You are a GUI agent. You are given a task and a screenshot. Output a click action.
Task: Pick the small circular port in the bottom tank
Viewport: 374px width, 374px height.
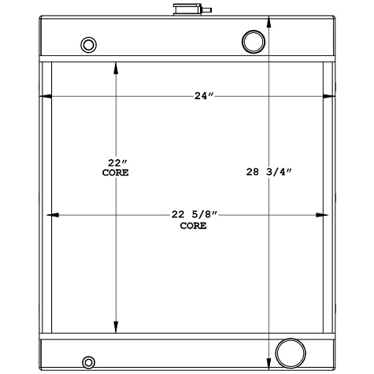pyautogui.click(x=88, y=362)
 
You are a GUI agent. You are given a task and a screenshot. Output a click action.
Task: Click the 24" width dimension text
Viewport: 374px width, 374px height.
pyautogui.click(x=204, y=96)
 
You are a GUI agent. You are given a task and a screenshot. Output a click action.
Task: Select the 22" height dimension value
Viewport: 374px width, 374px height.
pyautogui.click(x=117, y=162)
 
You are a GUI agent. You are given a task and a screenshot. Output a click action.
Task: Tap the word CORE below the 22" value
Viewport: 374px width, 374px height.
pyautogui.click(x=117, y=172)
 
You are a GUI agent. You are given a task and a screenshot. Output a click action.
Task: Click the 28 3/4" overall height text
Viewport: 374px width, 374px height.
pyautogui.click(x=270, y=171)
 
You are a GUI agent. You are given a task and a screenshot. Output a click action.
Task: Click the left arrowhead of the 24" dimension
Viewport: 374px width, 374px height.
pyautogui.click(x=45, y=96)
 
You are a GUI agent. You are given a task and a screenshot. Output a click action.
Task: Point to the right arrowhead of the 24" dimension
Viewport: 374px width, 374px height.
pyautogui.click(x=330, y=96)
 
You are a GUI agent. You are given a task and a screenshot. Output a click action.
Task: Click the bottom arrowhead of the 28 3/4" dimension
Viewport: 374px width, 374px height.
pyautogui.click(x=270, y=364)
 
